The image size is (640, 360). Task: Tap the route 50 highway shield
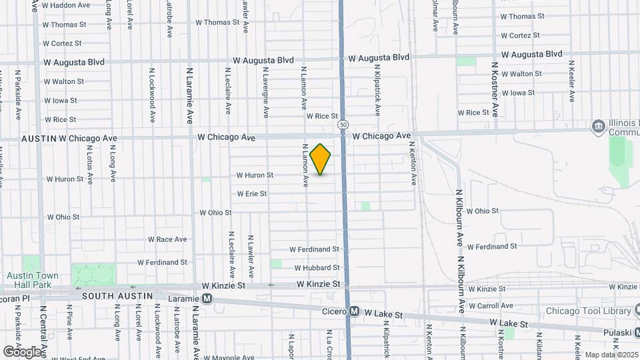pos(342,124)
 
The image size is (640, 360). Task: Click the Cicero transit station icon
pos(355,311)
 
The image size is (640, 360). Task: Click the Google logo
pos(22,351)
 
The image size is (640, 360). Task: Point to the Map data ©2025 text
pos(611,355)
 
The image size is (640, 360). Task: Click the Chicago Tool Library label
pos(588,311)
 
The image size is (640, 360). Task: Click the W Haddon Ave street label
pos(67,5)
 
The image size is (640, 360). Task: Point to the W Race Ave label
pos(167,239)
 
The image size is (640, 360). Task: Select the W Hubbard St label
pos(317,267)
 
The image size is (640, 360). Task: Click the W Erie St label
pos(252,194)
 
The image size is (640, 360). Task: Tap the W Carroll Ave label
pos(491,306)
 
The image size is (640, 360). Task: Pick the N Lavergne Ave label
pos(265,93)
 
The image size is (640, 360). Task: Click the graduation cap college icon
pos(597,125)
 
